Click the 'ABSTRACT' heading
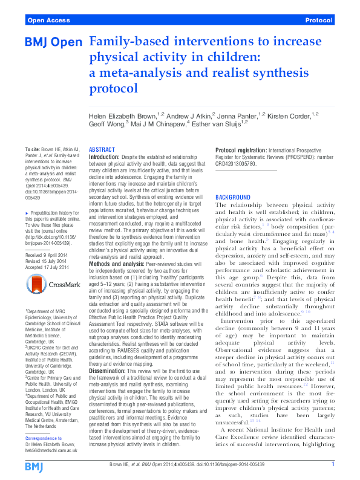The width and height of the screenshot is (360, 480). (x=102, y=149)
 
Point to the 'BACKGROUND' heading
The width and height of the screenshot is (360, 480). (x=233, y=197)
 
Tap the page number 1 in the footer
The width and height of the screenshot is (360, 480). (x=333, y=464)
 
